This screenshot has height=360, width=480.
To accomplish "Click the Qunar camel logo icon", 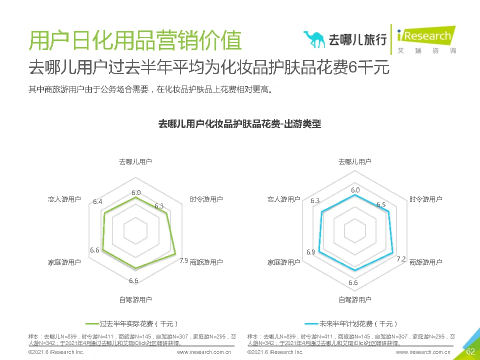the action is pos(314,39).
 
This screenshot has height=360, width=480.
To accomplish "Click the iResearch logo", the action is pos(425,36).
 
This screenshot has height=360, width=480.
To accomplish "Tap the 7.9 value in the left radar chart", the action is pos(183,260).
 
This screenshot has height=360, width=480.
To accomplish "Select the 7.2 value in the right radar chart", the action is pos(401,259).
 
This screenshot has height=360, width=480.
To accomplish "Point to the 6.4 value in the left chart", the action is pos(97,202).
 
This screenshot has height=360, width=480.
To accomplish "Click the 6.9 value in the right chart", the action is pos(310,252).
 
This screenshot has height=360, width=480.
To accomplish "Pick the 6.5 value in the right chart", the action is pos(381,204).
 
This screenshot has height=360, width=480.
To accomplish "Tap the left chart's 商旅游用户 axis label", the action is pos(206,262).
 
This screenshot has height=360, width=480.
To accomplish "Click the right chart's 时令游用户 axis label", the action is pos(425,199).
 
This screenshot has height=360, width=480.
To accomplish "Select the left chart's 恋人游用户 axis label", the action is pos(64,199).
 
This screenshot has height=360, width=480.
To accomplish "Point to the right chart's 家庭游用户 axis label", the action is pos(283,262).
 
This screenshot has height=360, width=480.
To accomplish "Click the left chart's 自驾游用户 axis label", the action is pos(135,299).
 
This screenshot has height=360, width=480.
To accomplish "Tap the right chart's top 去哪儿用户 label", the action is pos(354,161).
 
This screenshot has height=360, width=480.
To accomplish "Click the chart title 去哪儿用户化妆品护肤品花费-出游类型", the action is pos(239,124).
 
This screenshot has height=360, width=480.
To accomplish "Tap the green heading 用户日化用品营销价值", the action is pos(135,40).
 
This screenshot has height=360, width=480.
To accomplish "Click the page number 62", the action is pos(470,351).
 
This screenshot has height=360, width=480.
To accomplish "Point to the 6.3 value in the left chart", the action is pos(159,206).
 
